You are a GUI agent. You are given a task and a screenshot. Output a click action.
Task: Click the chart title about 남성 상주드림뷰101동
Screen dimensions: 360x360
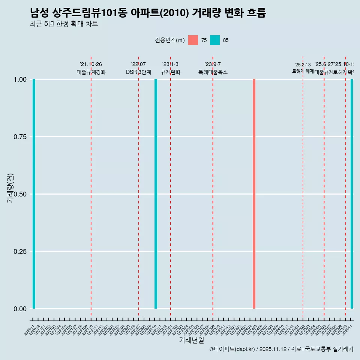click(x=148, y=13)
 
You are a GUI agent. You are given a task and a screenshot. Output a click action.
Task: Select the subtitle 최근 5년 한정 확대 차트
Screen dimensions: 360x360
click(x=64, y=24)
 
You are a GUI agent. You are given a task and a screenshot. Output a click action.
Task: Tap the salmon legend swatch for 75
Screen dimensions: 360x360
click(x=193, y=40)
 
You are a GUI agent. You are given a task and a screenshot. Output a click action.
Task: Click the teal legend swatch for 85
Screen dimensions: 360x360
click(x=215, y=40)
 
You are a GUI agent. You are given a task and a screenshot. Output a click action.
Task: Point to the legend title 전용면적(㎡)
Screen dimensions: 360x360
click(x=169, y=40)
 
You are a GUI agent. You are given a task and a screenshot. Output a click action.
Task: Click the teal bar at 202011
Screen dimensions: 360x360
click(x=34, y=194)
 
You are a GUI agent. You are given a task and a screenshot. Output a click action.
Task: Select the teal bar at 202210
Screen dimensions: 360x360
click(x=156, y=194)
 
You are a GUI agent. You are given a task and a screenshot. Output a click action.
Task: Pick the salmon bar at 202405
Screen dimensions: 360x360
click(x=254, y=194)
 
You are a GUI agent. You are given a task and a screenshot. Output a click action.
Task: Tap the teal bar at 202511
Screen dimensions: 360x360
click(x=352, y=194)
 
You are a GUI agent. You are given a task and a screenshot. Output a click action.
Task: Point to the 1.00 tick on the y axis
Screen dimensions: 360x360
click(x=20, y=79)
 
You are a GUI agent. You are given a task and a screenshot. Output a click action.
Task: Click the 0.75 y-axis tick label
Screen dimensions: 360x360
click(x=20, y=137)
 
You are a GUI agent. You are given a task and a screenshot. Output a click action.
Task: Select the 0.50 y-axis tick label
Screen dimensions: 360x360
click(x=20, y=194)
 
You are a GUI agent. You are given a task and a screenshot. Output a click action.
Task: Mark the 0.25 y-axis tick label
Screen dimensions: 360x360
click(x=20, y=251)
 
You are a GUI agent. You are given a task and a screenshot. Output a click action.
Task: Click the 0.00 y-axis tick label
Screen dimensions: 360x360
click(x=20, y=309)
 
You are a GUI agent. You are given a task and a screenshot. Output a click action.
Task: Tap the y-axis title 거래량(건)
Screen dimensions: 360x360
click(x=10, y=188)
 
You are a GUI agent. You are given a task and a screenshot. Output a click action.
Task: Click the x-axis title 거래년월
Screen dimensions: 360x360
click(x=191, y=340)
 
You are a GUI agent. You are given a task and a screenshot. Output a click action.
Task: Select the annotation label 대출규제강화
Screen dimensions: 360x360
click(x=91, y=72)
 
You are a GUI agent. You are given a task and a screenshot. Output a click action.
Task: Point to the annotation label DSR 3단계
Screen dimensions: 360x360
click(x=138, y=72)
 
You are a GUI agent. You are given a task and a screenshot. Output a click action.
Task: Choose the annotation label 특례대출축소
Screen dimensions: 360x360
click(x=213, y=72)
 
